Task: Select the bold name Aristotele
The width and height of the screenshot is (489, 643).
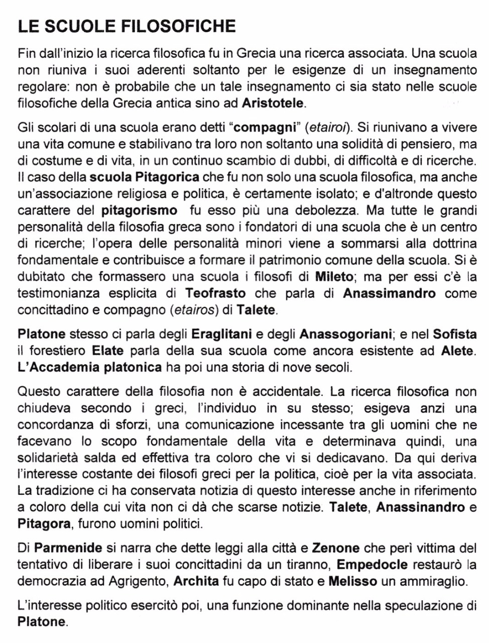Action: point(273,104)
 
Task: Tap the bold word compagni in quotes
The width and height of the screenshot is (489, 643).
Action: point(265,128)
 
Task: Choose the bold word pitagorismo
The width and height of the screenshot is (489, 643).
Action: point(139,210)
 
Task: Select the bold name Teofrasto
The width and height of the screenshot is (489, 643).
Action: point(215,293)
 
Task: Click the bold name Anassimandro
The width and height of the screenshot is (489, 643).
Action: point(389,293)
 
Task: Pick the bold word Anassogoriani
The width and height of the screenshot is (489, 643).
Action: point(345,334)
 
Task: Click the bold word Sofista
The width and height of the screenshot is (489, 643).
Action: point(455,334)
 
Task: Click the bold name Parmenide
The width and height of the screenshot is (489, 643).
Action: point(68,548)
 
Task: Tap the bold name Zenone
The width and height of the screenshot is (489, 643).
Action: point(336,548)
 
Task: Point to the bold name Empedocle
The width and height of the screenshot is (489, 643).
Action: point(372,565)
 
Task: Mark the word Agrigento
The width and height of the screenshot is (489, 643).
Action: point(136,582)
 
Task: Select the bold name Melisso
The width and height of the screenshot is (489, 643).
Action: point(352,582)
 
